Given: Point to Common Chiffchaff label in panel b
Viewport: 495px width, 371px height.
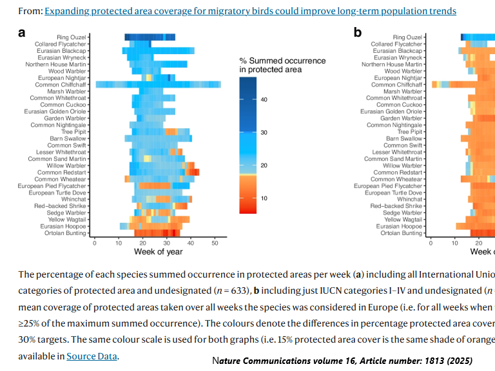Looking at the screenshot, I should tap(397, 84).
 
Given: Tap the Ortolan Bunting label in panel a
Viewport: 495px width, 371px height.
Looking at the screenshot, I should tap(64, 233).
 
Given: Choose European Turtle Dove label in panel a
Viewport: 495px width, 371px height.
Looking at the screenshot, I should tap(59, 193).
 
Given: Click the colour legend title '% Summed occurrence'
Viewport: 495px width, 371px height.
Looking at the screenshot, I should tap(282, 61).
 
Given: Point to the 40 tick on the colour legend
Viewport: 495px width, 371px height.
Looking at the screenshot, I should tap(264, 99).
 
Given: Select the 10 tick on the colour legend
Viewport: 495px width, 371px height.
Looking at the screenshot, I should tap(264, 198).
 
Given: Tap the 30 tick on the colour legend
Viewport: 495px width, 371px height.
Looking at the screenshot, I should tap(264, 132).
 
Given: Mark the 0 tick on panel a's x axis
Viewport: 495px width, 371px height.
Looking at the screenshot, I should tap(95, 243).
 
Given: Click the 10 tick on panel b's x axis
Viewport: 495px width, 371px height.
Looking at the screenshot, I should tap(454, 243).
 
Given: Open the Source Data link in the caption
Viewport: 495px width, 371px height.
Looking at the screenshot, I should tap(92, 356).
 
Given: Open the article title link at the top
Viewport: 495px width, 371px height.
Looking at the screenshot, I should tap(250, 11).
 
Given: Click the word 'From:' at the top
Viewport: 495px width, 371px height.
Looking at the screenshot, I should tap(30, 11).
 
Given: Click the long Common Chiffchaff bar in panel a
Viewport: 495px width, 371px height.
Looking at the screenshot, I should tap(158, 84).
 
